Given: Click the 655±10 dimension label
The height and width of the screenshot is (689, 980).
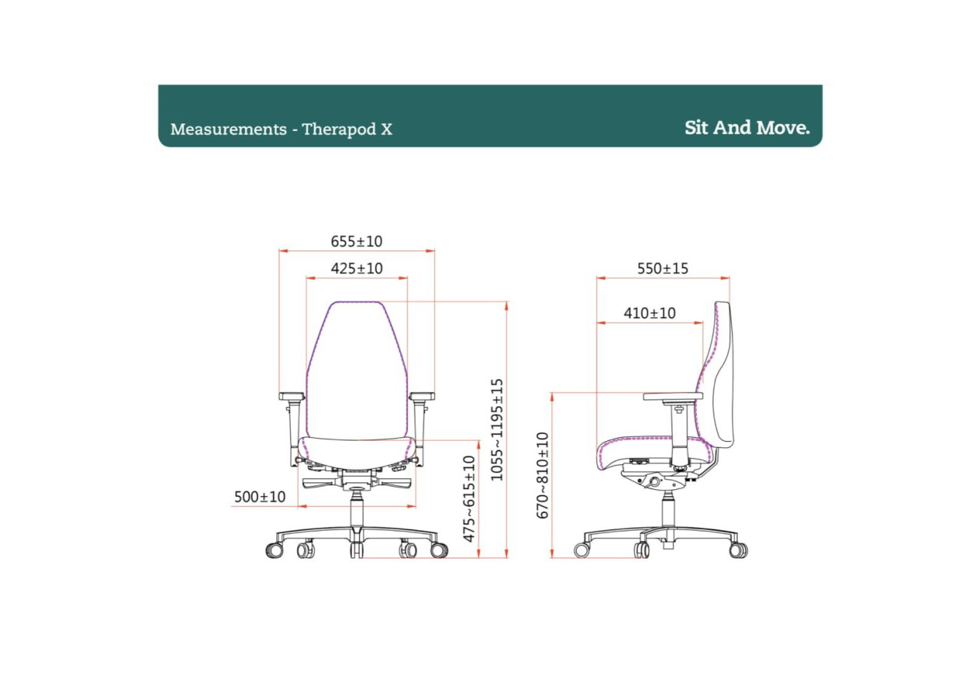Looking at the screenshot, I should (356, 241).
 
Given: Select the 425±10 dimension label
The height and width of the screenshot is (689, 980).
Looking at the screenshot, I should (356, 269).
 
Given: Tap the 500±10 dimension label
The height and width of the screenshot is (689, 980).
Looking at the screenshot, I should (260, 497).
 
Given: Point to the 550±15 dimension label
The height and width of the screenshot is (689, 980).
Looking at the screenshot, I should (662, 269).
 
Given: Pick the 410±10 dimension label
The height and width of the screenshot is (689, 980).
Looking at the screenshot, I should (649, 313).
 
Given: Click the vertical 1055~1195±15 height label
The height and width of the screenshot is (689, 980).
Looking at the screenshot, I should (498, 429).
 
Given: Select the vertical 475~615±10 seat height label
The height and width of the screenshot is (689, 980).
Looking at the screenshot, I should (469, 498).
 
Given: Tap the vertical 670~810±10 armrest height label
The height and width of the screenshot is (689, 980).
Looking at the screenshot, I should (543, 475).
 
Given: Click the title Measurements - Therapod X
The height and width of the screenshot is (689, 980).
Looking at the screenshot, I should (281, 129).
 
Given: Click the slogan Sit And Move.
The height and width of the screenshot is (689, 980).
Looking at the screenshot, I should (746, 128).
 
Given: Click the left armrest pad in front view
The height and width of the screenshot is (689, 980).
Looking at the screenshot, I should (292, 397).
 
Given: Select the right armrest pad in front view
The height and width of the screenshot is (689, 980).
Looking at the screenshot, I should (422, 397).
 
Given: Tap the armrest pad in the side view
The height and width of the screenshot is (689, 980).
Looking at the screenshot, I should (673, 397).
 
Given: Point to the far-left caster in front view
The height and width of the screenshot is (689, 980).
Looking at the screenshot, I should (273, 550).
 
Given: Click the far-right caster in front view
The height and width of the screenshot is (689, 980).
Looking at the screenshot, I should (439, 550).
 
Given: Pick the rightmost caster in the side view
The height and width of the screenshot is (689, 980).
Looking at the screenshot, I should (738, 550).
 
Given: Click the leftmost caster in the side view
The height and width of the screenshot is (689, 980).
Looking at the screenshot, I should (583, 550).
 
